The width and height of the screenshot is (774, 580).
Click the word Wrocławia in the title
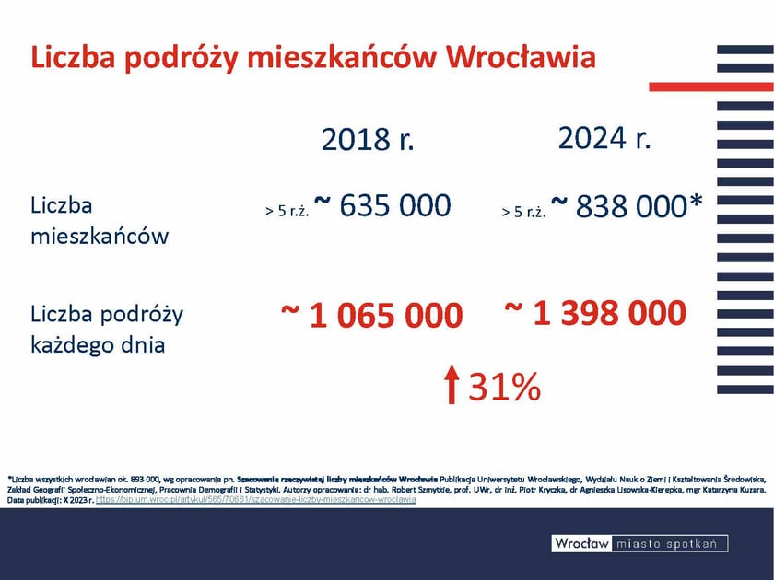[x=521, y=57]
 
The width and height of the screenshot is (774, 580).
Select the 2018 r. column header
[x=369, y=139]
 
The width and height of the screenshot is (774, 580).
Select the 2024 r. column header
[x=604, y=138]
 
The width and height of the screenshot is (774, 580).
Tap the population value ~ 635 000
[x=382, y=205]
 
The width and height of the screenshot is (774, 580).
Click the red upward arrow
[x=451, y=384]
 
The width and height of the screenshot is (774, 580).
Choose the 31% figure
[x=504, y=388]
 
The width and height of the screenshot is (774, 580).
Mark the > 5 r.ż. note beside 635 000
[x=286, y=211]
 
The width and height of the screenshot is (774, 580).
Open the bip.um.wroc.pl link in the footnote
[x=255, y=499]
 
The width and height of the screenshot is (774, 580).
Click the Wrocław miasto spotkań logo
[x=639, y=543]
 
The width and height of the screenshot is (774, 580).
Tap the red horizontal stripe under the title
[x=709, y=87]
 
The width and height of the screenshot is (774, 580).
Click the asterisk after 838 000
[x=696, y=203]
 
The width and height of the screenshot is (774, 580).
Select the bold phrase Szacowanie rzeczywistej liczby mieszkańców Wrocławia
[x=336, y=480]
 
